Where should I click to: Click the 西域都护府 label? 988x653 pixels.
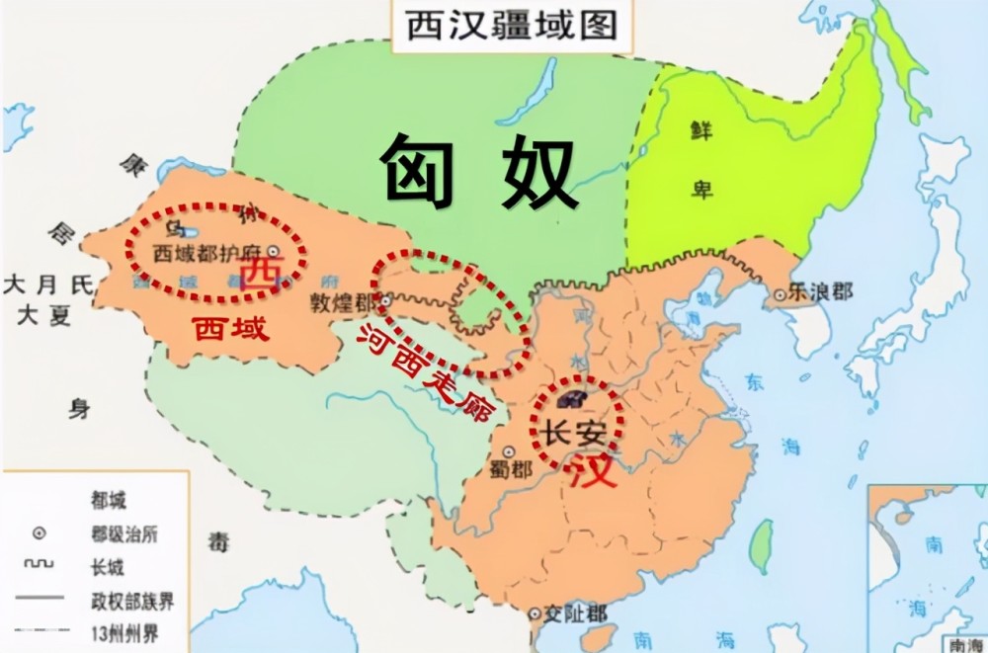click(209, 252)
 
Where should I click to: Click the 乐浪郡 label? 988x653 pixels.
click(819, 292)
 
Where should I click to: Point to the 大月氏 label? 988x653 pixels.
click(47, 286)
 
